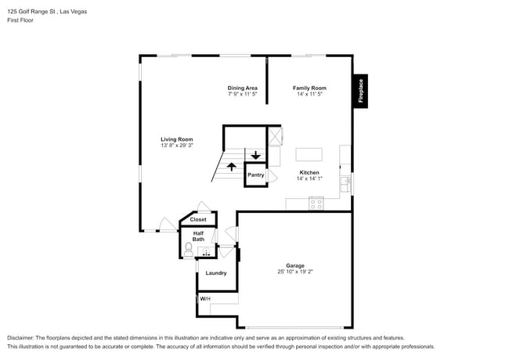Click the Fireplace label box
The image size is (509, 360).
coord(360,91)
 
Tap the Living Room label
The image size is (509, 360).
coord(177,139)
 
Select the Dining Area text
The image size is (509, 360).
coord(243,88)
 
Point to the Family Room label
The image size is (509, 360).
coord(309,88)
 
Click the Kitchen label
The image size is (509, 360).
coord(309,172)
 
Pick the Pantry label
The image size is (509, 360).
coord(256,175)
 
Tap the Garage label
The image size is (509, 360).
coord(294,265)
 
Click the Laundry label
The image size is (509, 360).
coord(216,273)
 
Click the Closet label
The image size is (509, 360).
coord(198,220)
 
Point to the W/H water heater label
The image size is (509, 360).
coord(204,299)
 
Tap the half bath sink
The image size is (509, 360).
coord(207,252)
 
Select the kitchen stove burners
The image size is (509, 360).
coord(316,203)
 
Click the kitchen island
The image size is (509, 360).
coord(309,153)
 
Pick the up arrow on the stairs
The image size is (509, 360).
coord(232,166)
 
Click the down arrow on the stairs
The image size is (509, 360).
coord(255,154)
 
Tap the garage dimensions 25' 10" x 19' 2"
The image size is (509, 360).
coord(294,272)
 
